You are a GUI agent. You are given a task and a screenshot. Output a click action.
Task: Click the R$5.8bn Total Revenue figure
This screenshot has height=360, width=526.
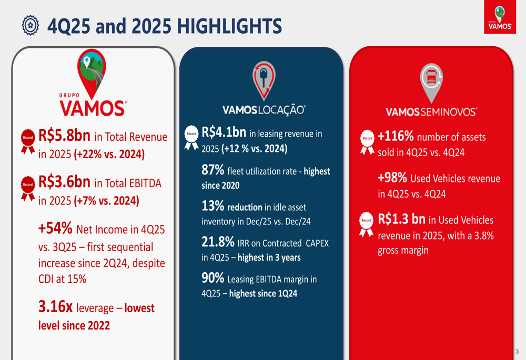click(64, 136)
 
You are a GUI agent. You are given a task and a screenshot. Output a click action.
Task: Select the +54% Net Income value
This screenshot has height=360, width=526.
click(55, 228)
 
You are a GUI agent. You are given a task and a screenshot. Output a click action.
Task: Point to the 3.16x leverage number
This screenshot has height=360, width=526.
click(55, 307)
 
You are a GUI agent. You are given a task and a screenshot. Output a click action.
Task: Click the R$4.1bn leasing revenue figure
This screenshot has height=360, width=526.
click(224, 132)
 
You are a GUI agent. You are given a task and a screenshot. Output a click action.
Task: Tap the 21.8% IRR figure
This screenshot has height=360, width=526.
click(218, 242)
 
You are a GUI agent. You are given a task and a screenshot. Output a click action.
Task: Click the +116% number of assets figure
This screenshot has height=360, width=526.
click(396, 136)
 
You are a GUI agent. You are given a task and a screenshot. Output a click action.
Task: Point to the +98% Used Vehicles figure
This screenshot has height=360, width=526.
click(392, 178)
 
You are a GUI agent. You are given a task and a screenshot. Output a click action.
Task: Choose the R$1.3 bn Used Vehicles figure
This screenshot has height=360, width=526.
click(401, 219)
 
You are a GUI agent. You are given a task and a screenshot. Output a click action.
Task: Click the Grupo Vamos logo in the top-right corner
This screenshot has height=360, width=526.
click(499, 18)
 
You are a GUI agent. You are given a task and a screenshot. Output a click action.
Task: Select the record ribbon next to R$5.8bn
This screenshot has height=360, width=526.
click(27, 140)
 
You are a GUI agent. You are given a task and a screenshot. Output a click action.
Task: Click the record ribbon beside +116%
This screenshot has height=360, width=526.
click(367, 141)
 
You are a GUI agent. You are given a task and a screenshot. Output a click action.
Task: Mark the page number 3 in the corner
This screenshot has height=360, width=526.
click(517, 351)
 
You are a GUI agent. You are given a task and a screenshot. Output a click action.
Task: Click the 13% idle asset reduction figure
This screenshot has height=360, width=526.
click(213, 206)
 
